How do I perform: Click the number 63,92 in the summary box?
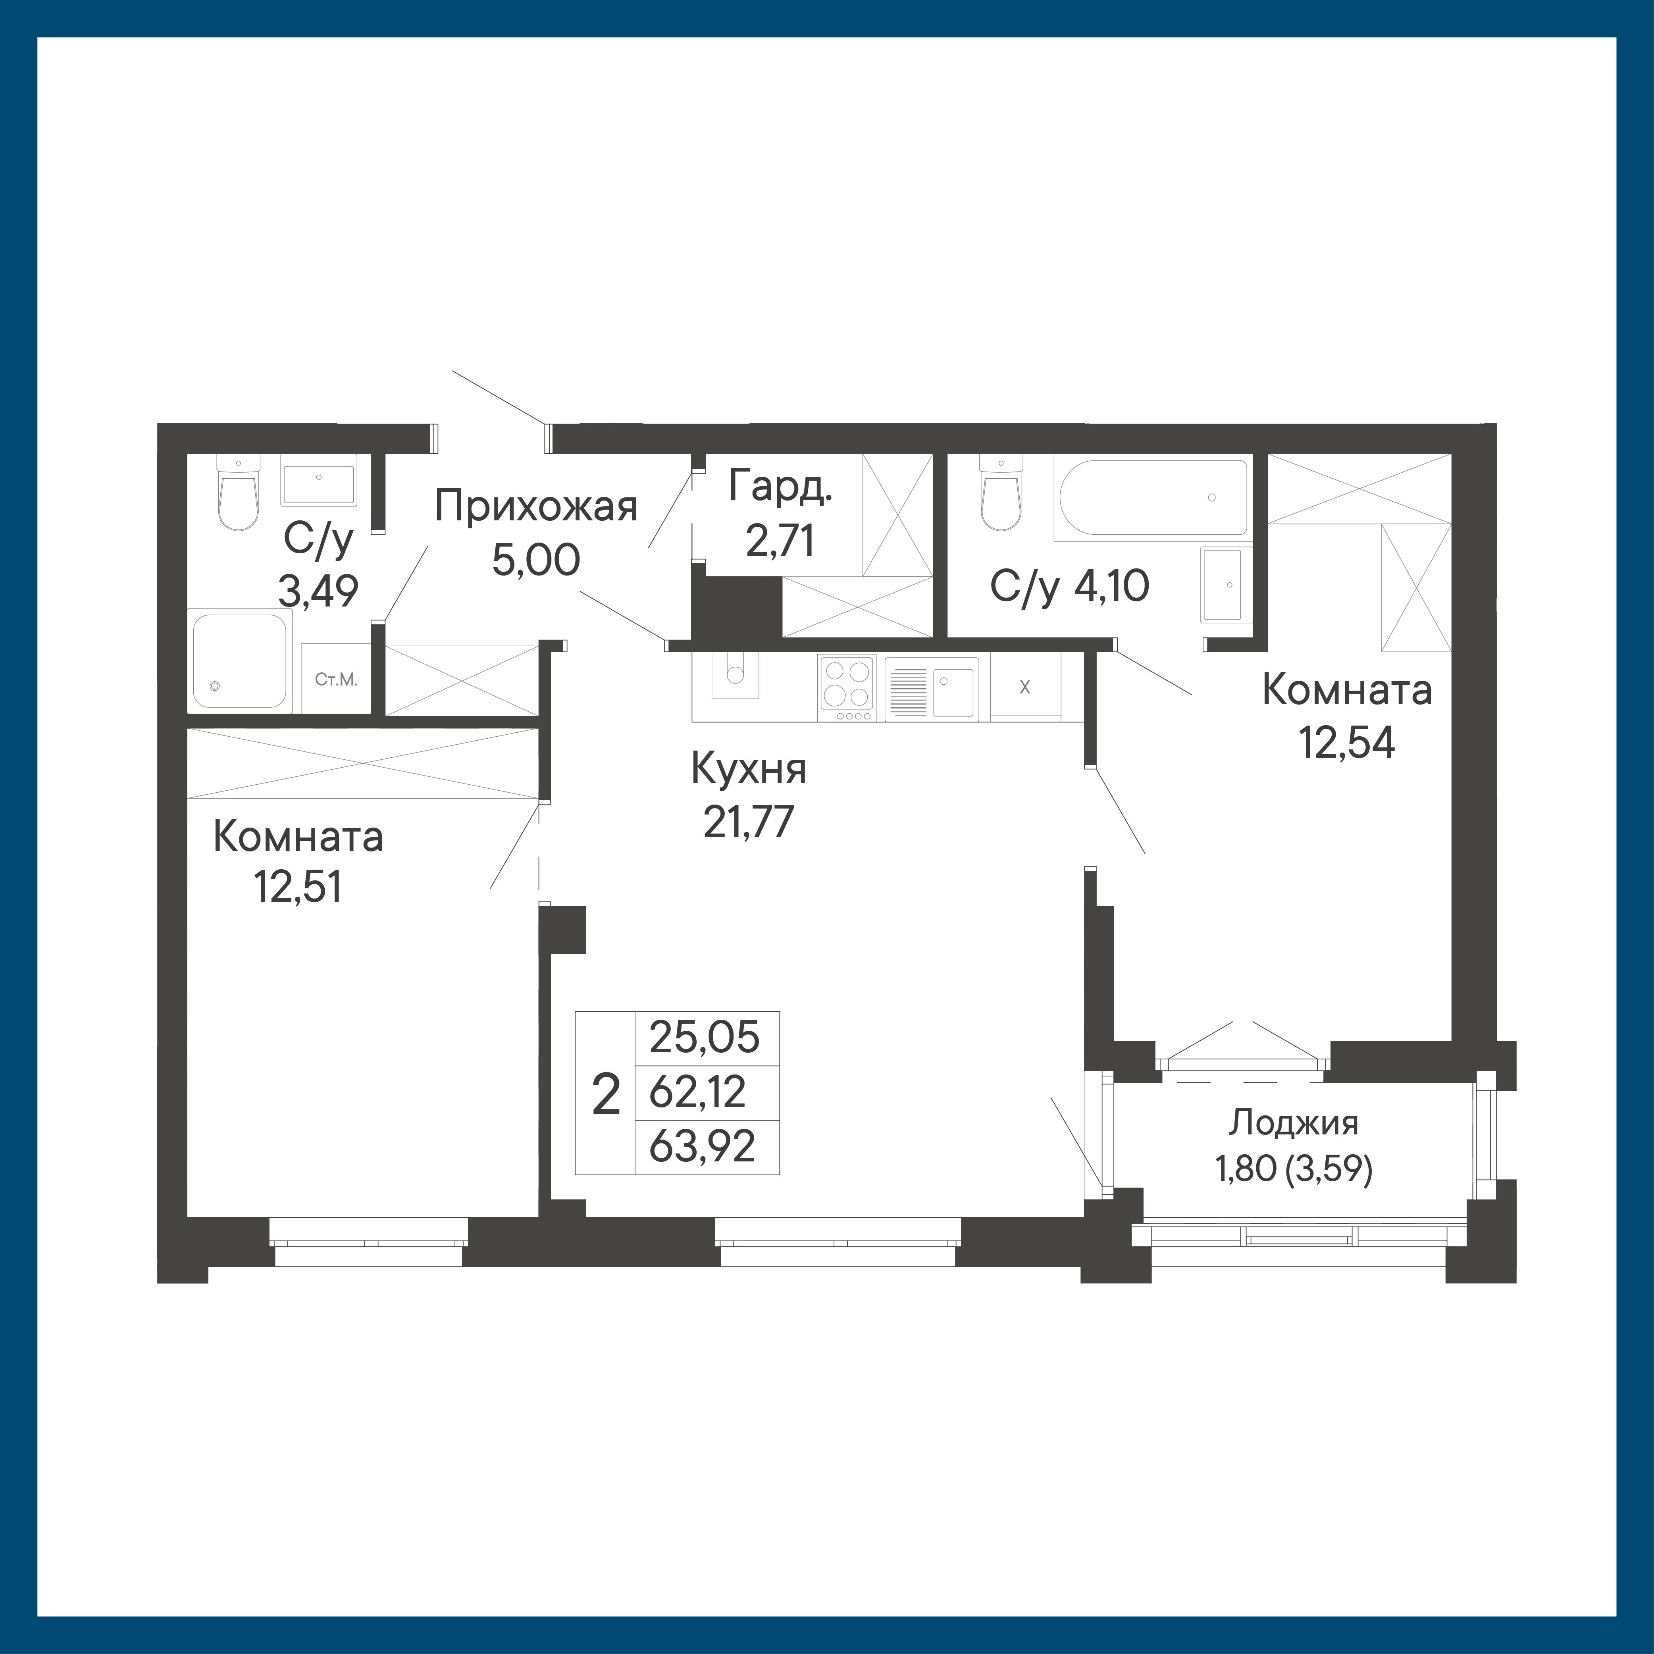pyautogui.click(x=703, y=1146)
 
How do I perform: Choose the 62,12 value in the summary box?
pyautogui.click(x=698, y=1092)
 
